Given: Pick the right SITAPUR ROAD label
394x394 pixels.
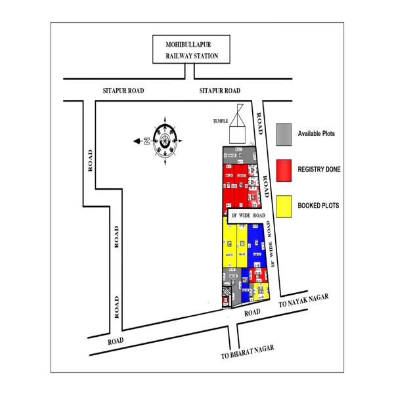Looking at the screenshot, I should click(x=219, y=91).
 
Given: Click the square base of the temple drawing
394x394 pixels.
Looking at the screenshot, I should click(x=236, y=134).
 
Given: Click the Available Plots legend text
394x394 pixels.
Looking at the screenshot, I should click(x=317, y=133).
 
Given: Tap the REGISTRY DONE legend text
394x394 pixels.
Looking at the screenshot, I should click(x=319, y=169).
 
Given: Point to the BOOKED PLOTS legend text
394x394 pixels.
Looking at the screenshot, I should click(x=318, y=206).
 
